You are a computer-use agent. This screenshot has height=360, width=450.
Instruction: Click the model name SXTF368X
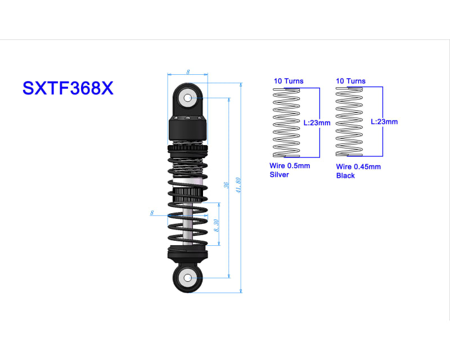click(x=67, y=88)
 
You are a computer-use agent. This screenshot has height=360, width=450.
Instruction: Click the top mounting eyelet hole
click(x=187, y=98)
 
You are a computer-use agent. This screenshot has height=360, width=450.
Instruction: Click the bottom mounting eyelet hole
click(x=187, y=277)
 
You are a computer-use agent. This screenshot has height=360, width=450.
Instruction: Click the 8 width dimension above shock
click(x=188, y=71)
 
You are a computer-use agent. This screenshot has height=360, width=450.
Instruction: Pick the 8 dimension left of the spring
click(x=152, y=212)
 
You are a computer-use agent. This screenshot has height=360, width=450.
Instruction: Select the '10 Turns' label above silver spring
click(x=289, y=81)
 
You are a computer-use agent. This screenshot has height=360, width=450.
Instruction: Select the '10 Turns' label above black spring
click(x=350, y=81)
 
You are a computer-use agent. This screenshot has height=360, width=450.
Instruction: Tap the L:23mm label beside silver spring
click(x=317, y=122)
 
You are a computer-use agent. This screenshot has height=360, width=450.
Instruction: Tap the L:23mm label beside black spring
click(x=384, y=121)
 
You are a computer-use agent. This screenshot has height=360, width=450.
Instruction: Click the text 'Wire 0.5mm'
click(x=290, y=166)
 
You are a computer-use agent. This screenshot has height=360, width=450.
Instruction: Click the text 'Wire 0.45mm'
click(x=358, y=166)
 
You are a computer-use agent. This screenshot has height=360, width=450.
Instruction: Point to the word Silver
click(x=280, y=175)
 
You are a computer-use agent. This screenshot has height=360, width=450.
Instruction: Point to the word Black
click(x=345, y=175)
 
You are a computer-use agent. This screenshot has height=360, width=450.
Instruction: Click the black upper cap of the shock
click(x=188, y=129)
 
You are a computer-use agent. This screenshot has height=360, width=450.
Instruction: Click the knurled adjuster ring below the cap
click(x=188, y=148)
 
